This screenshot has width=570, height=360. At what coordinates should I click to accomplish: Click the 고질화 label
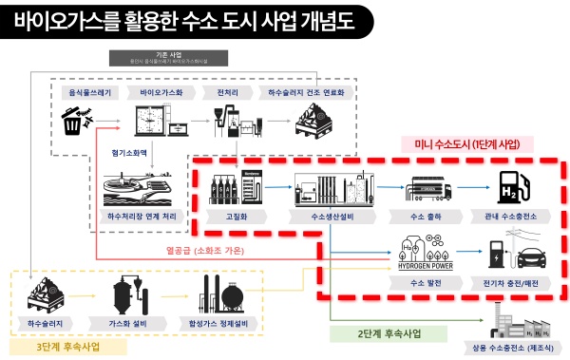tap(228, 217)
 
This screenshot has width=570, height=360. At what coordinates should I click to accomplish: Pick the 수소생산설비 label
tap(335, 217)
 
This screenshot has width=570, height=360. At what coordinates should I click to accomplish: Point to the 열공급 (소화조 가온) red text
tap(199, 251)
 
